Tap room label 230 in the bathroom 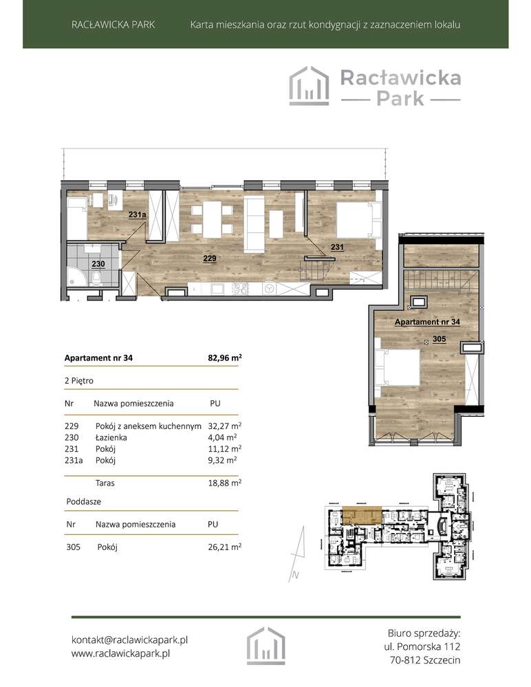(x=98, y=263)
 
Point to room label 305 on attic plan (x=439, y=338)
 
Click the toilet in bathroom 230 (x=98, y=279)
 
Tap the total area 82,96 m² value (x=225, y=358)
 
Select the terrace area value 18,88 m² (x=224, y=483)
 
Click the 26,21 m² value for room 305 (x=224, y=547)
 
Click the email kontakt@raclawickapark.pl (x=129, y=640)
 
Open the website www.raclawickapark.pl (x=120, y=654)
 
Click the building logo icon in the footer (x=265, y=646)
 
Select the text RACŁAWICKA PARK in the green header (x=113, y=25)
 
